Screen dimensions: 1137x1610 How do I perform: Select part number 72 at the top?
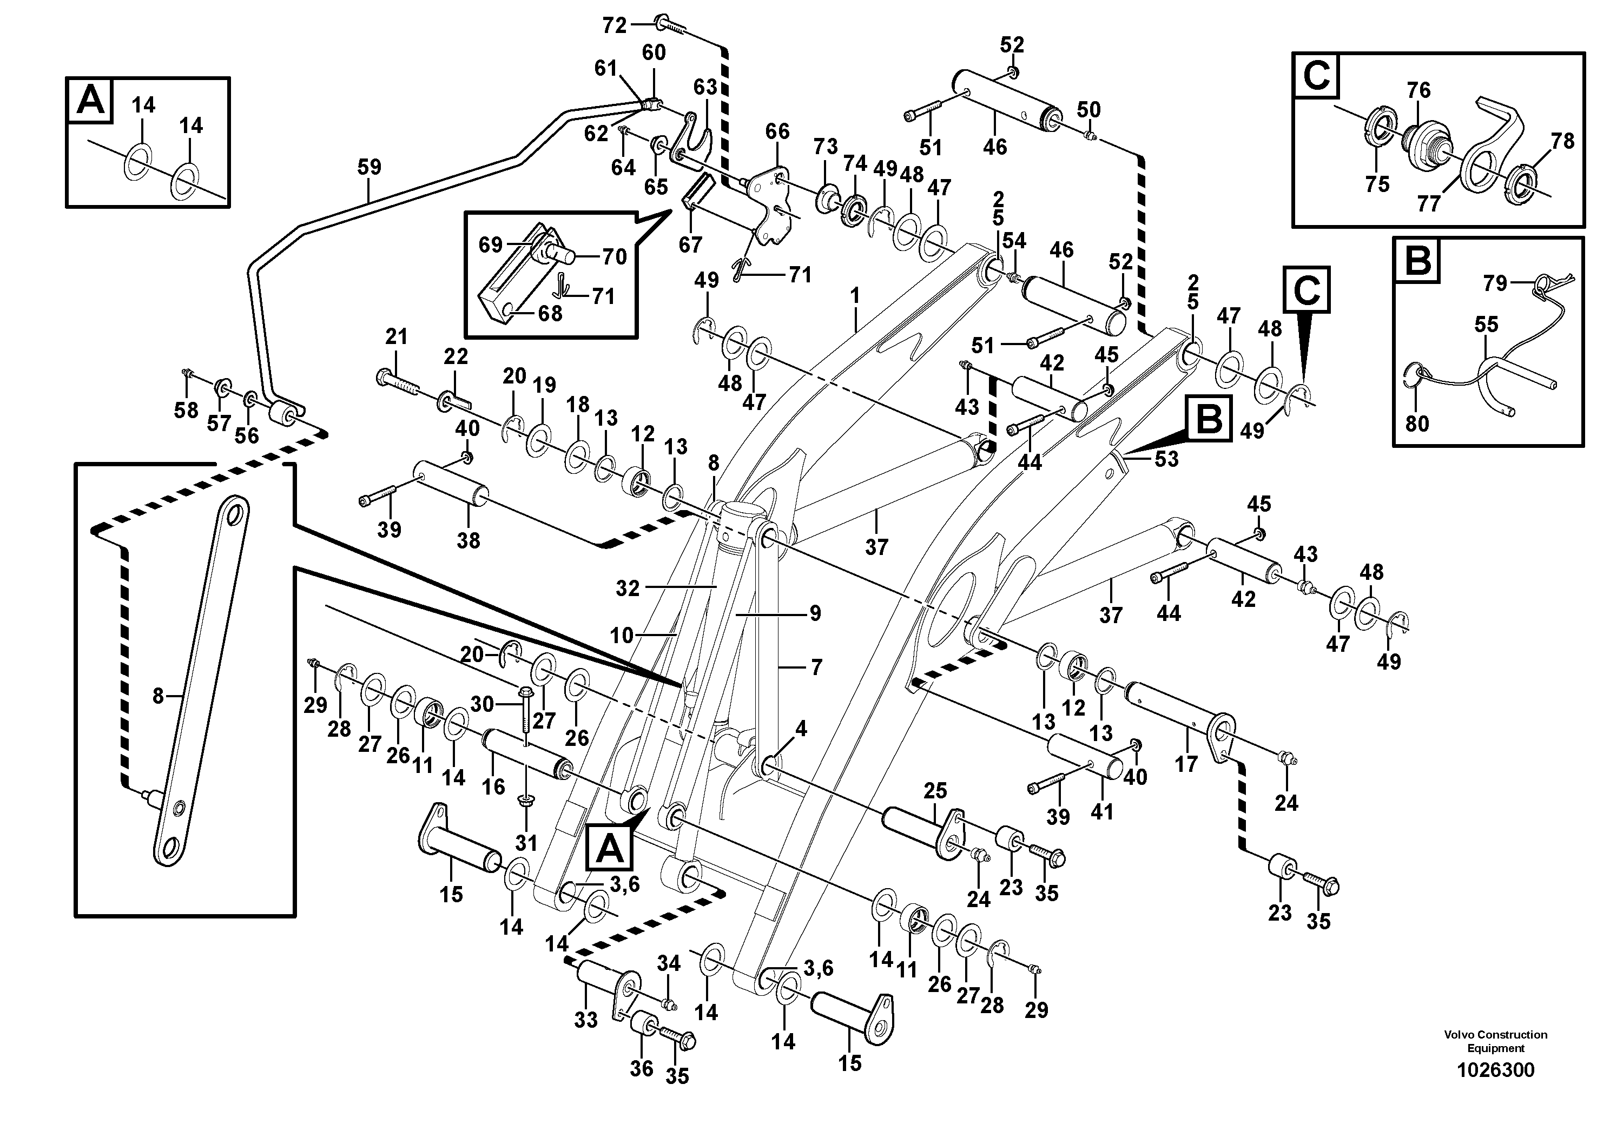[614, 26]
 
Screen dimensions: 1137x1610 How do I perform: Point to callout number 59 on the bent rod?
[369, 168]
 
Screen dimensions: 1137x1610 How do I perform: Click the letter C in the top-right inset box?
[1316, 76]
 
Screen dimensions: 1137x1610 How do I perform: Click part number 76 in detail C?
[1418, 90]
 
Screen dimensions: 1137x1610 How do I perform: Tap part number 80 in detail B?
[1417, 424]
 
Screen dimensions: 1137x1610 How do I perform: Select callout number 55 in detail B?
[1486, 325]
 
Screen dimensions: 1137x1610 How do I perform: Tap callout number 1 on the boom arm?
[854, 296]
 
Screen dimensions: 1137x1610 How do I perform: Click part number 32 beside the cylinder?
[628, 589]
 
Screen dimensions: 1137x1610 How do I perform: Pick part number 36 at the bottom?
[641, 1068]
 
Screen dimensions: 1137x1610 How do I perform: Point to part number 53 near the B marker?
[1167, 459]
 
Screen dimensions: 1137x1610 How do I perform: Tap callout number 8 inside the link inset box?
[158, 696]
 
